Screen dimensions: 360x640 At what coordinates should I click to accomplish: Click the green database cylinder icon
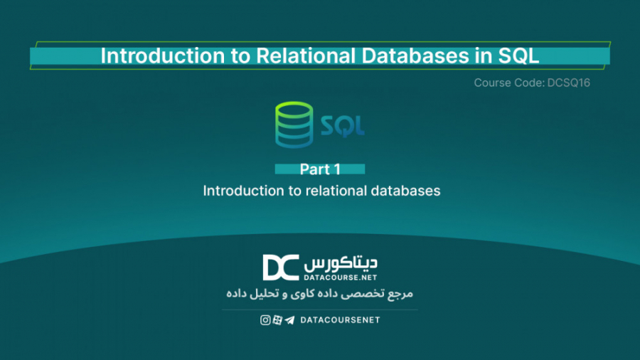point(294,126)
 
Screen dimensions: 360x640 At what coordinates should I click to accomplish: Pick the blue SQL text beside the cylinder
point(343,127)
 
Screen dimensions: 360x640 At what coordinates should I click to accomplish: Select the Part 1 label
point(320,169)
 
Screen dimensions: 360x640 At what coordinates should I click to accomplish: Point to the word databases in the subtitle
point(406,191)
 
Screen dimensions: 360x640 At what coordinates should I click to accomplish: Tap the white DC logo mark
point(280,267)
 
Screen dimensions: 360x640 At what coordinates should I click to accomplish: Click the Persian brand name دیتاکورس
point(341,261)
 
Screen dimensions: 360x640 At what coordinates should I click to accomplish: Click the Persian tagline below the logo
point(319,294)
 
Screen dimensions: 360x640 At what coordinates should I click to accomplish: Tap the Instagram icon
point(265,320)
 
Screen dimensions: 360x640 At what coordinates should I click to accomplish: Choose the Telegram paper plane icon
point(289,320)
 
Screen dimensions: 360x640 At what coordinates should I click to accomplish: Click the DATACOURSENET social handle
point(340,320)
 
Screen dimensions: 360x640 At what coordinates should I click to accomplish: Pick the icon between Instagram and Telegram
point(277,320)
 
